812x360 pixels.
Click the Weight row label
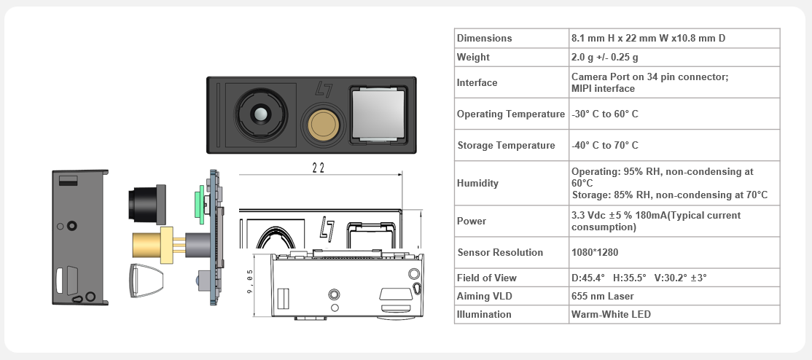pyautogui.click(x=473, y=57)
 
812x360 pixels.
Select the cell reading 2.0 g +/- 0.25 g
pyautogui.click(x=604, y=57)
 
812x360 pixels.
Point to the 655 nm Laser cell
pyautogui.click(x=602, y=297)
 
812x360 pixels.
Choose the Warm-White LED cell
pyautogui.click(x=611, y=314)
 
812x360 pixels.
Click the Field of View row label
pyautogui.click(x=487, y=278)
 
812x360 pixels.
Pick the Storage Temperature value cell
pyautogui.click(x=605, y=145)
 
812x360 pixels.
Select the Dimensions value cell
pyautogui.click(x=648, y=39)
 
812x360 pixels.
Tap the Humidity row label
pyautogui.click(x=477, y=183)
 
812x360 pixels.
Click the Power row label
pyautogui.click(x=472, y=222)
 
